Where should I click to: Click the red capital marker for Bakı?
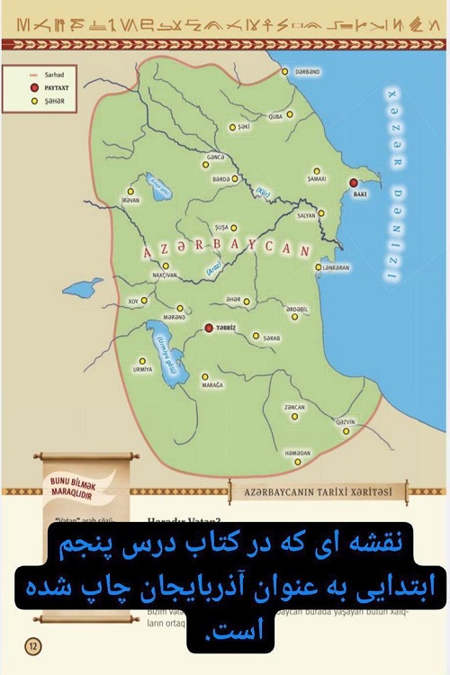pyautogui.click(x=354, y=184)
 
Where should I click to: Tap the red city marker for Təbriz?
pyautogui.click(x=209, y=328)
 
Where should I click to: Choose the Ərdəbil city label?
pyautogui.click(x=297, y=309)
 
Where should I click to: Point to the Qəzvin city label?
pyautogui.click(x=346, y=421)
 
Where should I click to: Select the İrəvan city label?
pyautogui.click(x=131, y=201)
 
